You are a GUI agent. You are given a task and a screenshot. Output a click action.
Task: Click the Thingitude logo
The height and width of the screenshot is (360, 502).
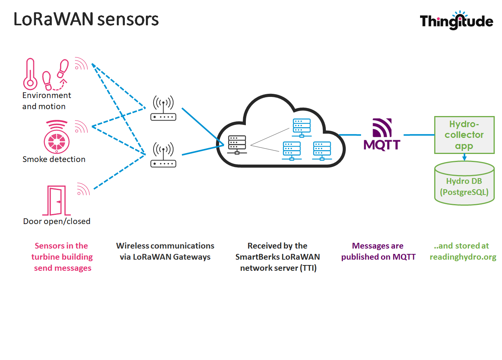click(456, 21)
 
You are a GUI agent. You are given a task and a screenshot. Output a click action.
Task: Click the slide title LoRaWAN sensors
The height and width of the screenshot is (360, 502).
click(86, 19)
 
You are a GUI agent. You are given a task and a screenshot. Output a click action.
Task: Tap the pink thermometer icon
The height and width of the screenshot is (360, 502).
click(30, 74)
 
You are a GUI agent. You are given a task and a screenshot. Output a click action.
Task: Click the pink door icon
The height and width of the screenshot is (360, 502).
click(56, 201)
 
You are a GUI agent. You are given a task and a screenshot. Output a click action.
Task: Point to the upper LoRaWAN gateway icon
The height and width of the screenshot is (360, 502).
click(163, 108)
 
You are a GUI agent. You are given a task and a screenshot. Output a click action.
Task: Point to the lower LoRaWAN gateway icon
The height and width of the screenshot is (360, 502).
click(163, 155)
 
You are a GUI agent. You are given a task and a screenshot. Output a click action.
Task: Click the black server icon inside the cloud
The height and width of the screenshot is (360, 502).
click(237, 145)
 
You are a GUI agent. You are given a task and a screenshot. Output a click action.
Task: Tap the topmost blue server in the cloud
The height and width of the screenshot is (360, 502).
click(301, 128)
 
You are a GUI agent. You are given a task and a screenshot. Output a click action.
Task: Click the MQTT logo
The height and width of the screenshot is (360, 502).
click(382, 135)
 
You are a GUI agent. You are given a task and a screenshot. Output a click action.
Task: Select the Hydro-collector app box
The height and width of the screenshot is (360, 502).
click(464, 135)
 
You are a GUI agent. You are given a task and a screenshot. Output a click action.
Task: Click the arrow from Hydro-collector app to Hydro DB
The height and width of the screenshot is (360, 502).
click(464, 157)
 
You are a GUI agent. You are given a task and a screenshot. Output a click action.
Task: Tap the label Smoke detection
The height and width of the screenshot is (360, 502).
click(54, 159)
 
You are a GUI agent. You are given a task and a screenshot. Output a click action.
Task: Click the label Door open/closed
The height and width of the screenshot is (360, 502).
click(57, 221)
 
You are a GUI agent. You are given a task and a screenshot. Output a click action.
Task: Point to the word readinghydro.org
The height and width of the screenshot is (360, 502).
click(463, 257)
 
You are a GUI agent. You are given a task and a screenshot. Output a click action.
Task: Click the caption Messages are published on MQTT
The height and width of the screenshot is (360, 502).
click(378, 251)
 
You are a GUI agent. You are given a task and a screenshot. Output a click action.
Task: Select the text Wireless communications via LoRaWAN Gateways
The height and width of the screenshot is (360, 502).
click(165, 251)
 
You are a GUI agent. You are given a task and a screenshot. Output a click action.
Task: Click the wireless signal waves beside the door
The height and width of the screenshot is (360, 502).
click(83, 189)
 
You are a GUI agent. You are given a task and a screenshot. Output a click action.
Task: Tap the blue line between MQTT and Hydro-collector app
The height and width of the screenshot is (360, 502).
click(419, 135)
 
